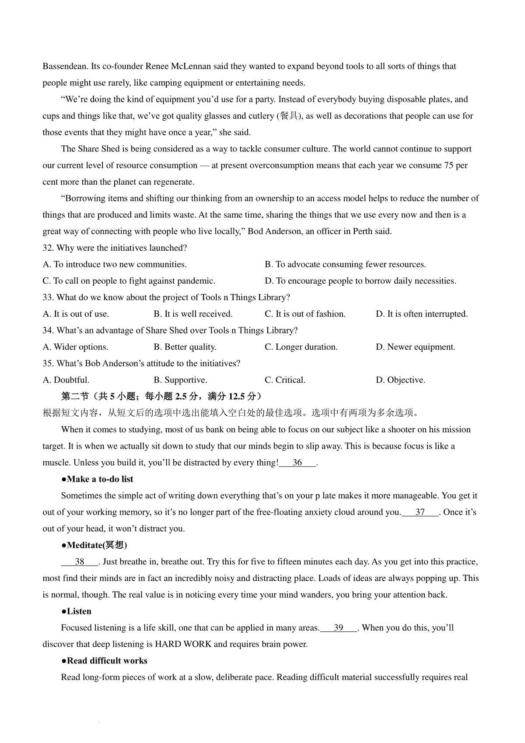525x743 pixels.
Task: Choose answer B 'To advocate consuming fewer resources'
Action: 345,264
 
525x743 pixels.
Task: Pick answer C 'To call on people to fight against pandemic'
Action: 129,281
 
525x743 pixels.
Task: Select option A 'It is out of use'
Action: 76,314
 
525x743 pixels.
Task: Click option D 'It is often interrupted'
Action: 422,314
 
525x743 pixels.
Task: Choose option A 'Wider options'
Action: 75,347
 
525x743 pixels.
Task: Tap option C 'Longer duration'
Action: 301,347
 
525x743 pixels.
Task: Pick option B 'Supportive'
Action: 180,380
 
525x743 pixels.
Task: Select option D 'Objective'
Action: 400,380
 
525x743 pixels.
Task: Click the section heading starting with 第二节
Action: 161,396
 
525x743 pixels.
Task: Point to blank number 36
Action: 297,463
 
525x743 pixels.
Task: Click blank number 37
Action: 420,512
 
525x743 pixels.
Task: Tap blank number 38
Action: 80,562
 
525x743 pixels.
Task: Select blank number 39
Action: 339,628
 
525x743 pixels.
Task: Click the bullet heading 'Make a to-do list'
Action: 98,479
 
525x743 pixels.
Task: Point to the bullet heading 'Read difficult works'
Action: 105,661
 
